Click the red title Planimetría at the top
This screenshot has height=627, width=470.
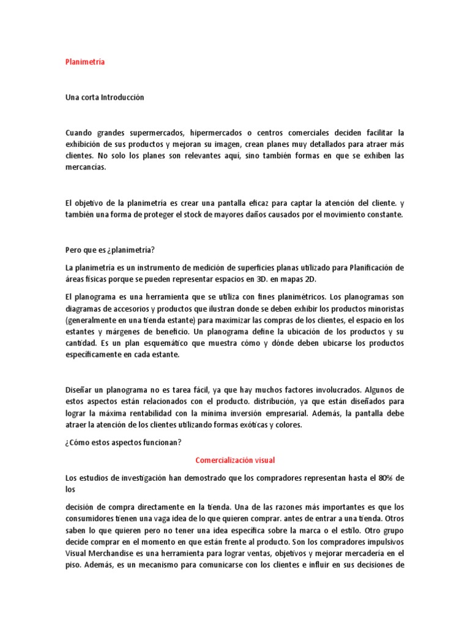point(85,62)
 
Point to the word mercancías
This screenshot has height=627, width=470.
point(85,167)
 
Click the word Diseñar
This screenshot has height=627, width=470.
point(80,389)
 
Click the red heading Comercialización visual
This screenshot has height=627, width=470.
point(234,460)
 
